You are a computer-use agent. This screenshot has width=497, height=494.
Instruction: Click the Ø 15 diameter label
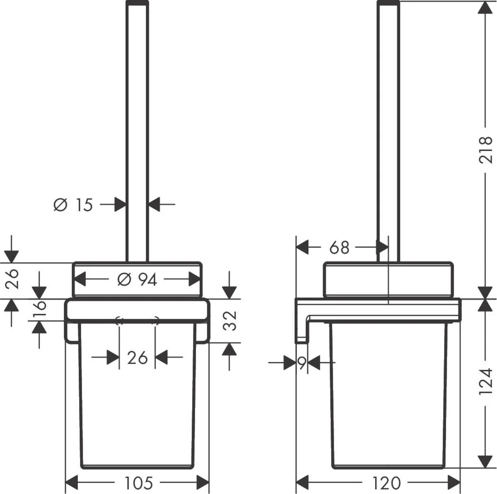click(74, 205)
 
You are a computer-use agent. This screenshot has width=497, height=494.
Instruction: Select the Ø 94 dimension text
click(137, 280)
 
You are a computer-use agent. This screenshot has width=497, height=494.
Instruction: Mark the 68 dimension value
click(339, 248)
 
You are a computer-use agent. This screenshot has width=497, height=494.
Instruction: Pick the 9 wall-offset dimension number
click(302, 364)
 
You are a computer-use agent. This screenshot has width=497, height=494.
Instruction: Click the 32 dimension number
click(231, 320)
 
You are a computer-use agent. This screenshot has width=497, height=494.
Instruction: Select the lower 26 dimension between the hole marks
click(137, 357)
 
